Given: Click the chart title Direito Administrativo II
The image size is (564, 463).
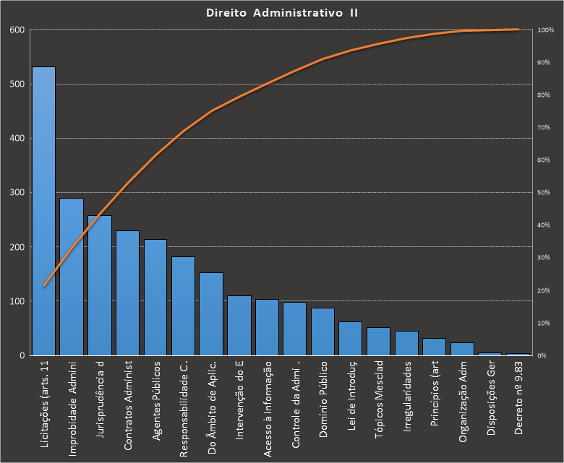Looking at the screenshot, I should click(x=282, y=13).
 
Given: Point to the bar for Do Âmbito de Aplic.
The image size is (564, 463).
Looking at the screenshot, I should click(x=211, y=313).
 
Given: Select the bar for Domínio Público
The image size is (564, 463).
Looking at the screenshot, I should click(x=322, y=332).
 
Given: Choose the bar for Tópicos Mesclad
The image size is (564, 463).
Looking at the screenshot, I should click(x=378, y=342).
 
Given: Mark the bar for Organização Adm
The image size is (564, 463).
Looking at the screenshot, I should click(x=462, y=349).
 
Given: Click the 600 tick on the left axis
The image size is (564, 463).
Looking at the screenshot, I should click(x=17, y=30).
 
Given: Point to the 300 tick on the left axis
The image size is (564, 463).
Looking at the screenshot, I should click(x=17, y=193).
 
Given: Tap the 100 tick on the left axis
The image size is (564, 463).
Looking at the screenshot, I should click(x=17, y=301).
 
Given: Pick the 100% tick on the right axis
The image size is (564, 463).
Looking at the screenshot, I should click(x=545, y=30).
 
